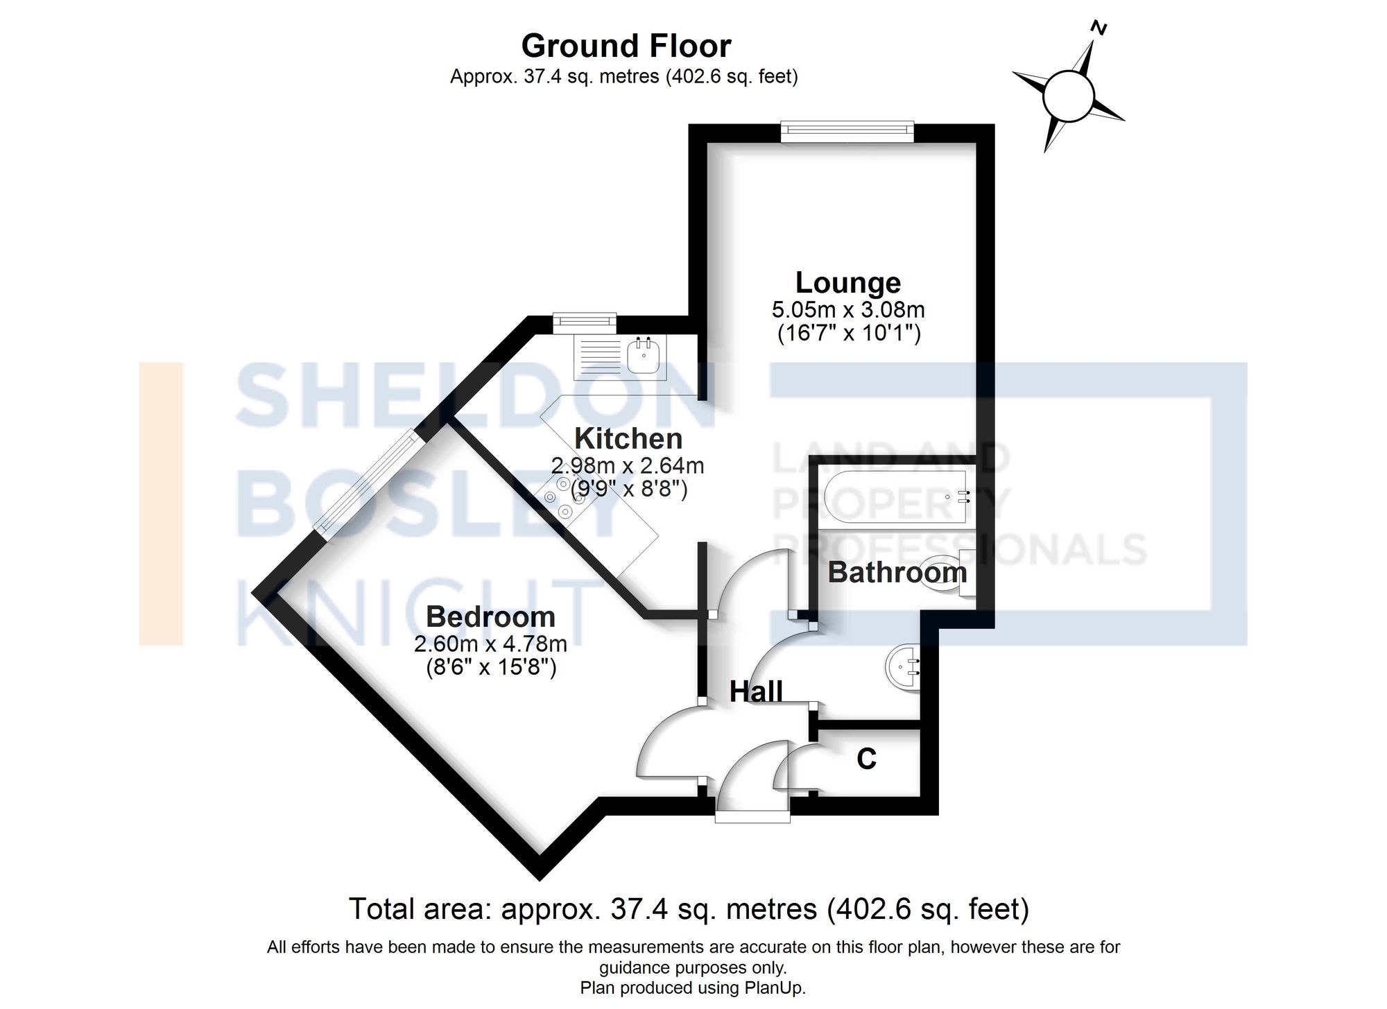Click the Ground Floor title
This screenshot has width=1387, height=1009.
pyautogui.click(x=626, y=46)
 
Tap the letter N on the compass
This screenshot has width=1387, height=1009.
pyautogui.click(x=1098, y=28)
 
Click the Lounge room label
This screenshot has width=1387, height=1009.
pyautogui.click(x=847, y=282)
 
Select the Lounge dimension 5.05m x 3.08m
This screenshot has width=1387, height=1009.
pyautogui.click(x=847, y=309)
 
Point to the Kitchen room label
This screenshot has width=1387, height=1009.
pyautogui.click(x=628, y=438)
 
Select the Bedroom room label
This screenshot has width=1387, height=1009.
pyautogui.click(x=490, y=616)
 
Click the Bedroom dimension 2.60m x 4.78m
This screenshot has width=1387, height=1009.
pyautogui.click(x=490, y=644)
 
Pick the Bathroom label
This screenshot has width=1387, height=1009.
pyautogui.click(x=897, y=572)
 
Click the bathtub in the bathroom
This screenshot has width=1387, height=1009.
pyautogui.click(x=895, y=497)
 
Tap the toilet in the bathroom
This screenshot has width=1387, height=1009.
pyautogui.click(x=954, y=573)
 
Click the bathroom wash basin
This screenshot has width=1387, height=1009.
pyautogui.click(x=904, y=668)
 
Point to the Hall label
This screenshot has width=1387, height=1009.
pyautogui.click(x=756, y=691)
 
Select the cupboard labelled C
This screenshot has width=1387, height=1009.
pyautogui.click(x=867, y=759)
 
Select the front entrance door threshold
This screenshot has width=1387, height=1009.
pyautogui.click(x=752, y=818)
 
